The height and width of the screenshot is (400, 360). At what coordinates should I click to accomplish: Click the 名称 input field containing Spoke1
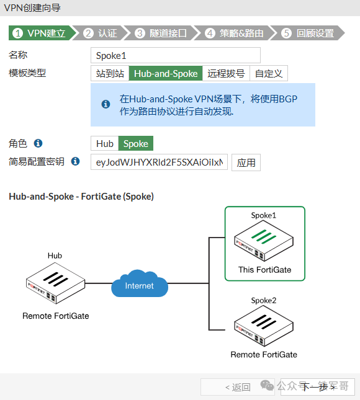[x=175, y=55]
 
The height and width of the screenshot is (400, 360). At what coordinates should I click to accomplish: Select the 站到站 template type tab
[x=110, y=73]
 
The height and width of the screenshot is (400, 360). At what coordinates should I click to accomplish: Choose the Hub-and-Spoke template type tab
[x=166, y=73]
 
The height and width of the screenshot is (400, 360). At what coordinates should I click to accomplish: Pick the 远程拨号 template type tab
[x=226, y=73]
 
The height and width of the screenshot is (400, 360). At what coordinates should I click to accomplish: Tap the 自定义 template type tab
[x=269, y=73]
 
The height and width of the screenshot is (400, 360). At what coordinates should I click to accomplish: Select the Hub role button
[x=105, y=143]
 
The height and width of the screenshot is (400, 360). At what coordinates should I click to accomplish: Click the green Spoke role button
[x=135, y=143]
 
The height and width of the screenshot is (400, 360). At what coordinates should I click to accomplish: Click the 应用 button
[x=246, y=162]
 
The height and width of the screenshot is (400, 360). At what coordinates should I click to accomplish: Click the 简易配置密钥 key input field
[x=159, y=162]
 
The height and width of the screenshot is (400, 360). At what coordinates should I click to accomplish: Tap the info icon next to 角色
[x=38, y=143]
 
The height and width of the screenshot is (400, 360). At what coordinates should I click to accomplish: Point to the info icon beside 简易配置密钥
[x=75, y=161]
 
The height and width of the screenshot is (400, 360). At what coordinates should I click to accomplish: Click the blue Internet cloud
[x=140, y=286]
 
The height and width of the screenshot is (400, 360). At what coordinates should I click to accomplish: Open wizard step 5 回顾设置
[x=308, y=33]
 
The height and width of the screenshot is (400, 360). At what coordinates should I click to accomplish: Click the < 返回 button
[x=238, y=387]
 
